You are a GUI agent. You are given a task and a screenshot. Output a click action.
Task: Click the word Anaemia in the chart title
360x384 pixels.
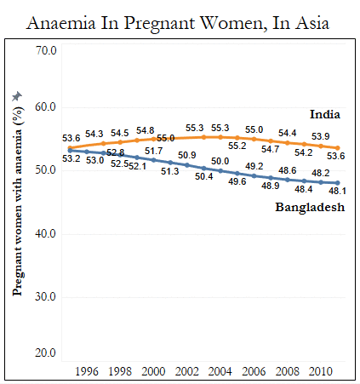pos(61,23)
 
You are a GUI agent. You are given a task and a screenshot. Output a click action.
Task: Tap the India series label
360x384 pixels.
pos(325,114)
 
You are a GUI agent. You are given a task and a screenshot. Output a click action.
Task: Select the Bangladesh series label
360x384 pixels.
pos(310,208)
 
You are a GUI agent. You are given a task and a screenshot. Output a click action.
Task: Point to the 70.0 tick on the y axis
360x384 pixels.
pos(46,50)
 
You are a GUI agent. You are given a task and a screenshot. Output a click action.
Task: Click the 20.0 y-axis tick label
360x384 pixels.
pos(46,352)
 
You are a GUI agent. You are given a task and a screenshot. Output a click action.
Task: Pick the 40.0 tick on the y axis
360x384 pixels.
pos(46,233)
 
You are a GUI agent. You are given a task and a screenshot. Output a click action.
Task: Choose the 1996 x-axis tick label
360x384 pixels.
pos(87,371)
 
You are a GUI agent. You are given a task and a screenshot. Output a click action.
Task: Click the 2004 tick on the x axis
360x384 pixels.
pos(220,371)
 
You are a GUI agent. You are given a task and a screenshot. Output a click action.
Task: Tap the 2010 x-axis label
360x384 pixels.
pos(321,371)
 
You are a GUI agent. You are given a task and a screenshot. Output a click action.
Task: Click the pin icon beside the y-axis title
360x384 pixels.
pos(17,96)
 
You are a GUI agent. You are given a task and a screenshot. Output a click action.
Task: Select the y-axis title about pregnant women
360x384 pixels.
pos(18,201)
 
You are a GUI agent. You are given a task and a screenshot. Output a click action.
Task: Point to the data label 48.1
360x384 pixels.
pos(337,191)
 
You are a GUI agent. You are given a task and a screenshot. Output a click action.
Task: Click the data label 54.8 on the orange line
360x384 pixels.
pos(146,130)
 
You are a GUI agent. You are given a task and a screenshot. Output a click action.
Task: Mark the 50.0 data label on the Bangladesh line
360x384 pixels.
pos(220,161)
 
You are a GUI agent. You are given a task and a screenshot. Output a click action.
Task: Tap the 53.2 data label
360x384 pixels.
pos(71,158)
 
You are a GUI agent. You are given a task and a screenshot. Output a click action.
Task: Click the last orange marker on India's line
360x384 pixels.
pos(338,148)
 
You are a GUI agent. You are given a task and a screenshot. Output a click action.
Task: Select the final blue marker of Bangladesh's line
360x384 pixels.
pos(338,183)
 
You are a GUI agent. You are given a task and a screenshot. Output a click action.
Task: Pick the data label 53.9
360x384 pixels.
pos(321,136)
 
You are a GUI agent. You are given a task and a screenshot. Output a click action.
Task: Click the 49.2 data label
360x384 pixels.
pos(254,166)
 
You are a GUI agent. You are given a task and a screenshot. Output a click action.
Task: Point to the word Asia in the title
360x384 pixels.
pos(312,23)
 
